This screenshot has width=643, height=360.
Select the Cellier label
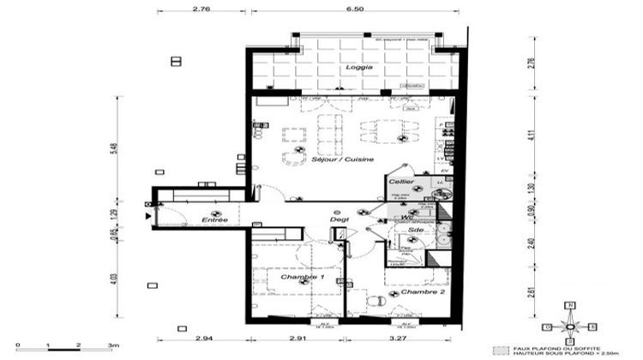click(401, 183)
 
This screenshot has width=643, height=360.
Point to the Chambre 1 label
click(302, 278)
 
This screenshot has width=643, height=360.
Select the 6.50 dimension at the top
click(354, 8)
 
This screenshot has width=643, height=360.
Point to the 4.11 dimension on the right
click(532, 135)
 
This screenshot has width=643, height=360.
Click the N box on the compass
click(570, 306)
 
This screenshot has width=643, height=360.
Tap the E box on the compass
click(592, 327)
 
